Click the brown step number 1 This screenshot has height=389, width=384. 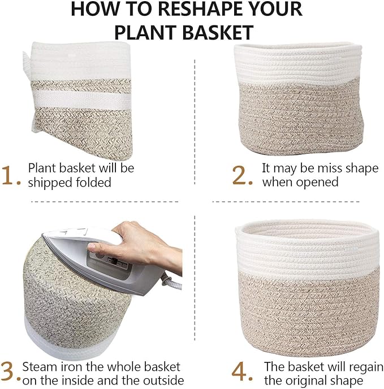pyautogui.click(x=11, y=176)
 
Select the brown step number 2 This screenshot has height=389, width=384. pyautogui.click(x=242, y=176)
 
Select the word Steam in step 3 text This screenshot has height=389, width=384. pyautogui.click(x=42, y=366)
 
